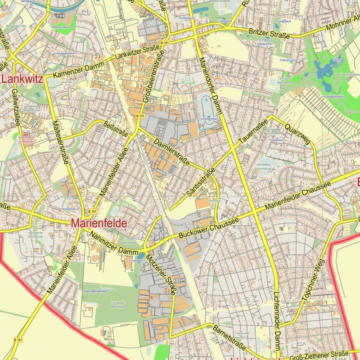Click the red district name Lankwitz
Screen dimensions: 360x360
(22, 80)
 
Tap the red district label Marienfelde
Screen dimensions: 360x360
(98, 222)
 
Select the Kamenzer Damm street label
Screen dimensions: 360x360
(78, 69)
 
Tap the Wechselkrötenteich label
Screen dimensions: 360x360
(96, 292)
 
